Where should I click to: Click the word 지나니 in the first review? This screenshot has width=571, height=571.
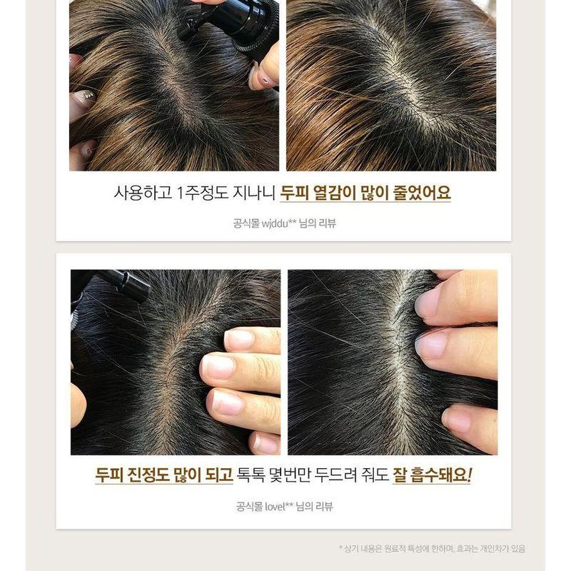[255, 193]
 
